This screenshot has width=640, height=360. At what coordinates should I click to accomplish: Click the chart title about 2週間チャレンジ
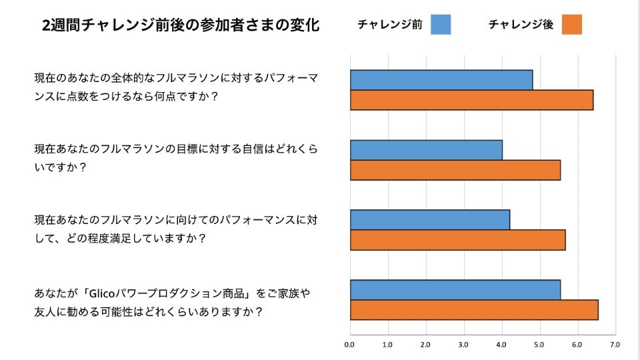pyautogui.click(x=180, y=25)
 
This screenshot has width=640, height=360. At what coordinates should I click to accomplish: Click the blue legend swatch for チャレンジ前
pyautogui.click(x=441, y=25)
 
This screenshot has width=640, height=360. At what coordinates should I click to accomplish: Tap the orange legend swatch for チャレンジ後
pyautogui.click(x=571, y=25)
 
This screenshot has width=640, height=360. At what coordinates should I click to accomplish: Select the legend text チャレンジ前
pyautogui.click(x=390, y=25)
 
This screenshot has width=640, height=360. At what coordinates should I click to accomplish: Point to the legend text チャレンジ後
pyautogui.click(x=521, y=25)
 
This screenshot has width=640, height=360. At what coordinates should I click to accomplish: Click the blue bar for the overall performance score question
pyautogui.click(x=441, y=80)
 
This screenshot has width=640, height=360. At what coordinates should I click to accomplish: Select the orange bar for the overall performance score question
pyautogui.click(x=471, y=100)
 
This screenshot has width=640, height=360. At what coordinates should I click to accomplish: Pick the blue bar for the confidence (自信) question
pyautogui.click(x=426, y=150)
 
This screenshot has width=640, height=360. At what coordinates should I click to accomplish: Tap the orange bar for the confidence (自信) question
pyautogui.click(x=455, y=170)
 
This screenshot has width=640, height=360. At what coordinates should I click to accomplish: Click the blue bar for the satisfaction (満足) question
pyautogui.click(x=430, y=220)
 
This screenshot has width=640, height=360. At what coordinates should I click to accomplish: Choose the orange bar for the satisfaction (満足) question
pyautogui.click(x=457, y=240)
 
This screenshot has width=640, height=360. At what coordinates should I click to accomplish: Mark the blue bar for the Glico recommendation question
pyautogui.click(x=455, y=290)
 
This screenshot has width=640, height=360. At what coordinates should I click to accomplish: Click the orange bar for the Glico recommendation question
pyautogui.click(x=474, y=310)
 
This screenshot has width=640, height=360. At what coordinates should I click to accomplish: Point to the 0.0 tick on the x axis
pyautogui.click(x=349, y=345)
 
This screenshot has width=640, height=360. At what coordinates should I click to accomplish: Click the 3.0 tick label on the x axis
pyautogui.click(x=463, y=345)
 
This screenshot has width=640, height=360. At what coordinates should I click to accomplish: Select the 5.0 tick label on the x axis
pyautogui.click(x=539, y=345)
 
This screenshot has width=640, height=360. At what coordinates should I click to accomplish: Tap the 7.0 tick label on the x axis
pyautogui.click(x=615, y=345)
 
